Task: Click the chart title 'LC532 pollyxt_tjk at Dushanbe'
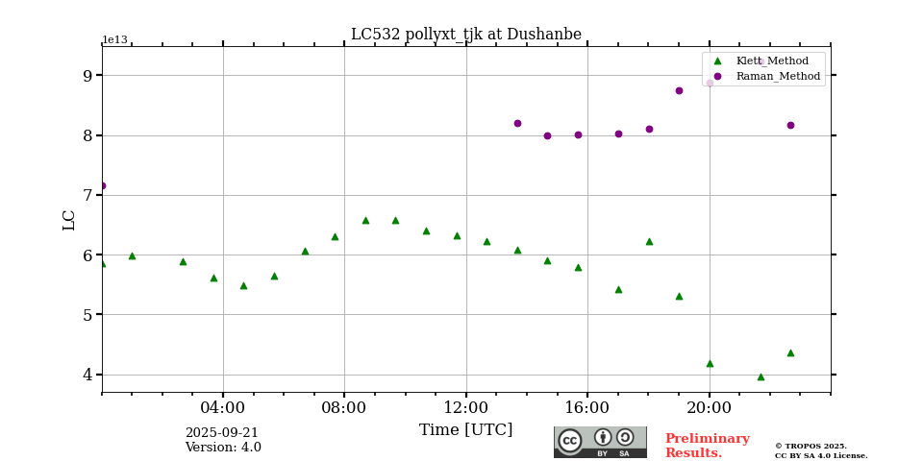[465, 35]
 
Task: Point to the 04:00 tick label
[223, 407]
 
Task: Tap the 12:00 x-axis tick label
[465, 407]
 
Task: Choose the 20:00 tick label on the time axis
[709, 407]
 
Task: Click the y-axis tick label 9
[87, 76]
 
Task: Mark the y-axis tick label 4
[87, 375]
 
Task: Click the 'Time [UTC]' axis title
[465, 430]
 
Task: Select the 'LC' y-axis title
[69, 220]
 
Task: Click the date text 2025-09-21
[222, 433]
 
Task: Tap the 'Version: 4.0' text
[223, 448]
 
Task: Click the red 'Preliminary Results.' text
[707, 446]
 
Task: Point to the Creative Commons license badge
[600, 442]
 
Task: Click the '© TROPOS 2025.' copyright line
[811, 446]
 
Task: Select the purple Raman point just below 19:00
[679, 90]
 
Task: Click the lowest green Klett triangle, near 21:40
[761, 376]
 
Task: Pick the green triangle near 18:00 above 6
[649, 241]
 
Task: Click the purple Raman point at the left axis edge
[102, 185]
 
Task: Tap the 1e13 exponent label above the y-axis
[114, 40]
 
